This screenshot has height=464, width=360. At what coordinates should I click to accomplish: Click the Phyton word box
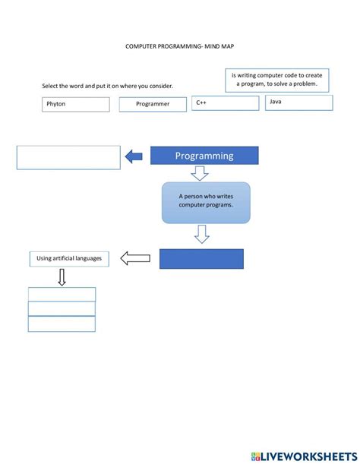[75, 104]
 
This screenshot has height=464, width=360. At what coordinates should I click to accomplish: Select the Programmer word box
[152, 104]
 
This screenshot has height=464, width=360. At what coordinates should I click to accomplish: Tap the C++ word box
[223, 103]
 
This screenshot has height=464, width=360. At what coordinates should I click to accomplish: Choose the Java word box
[298, 103]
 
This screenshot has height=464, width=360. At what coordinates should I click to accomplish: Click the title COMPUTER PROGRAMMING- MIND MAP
[180, 46]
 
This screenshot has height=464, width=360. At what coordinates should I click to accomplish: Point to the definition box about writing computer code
[276, 79]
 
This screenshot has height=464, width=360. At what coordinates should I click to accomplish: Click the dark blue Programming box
[204, 156]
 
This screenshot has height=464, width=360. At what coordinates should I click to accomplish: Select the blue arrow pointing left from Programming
[134, 156]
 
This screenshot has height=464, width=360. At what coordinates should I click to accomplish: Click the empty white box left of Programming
[68, 157]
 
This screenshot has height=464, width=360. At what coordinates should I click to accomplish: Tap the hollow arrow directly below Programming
[200, 174]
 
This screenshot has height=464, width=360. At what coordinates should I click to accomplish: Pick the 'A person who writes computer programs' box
[205, 202]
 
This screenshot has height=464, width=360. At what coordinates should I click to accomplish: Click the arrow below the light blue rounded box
[201, 234]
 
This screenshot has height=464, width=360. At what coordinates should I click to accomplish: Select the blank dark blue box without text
[201, 259]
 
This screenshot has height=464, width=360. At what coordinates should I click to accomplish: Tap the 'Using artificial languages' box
[68, 259]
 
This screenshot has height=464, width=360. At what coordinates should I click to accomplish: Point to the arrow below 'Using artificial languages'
[62, 277]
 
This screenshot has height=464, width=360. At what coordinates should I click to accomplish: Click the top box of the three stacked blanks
[62, 294]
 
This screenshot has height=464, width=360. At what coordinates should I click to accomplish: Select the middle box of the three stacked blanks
[62, 308]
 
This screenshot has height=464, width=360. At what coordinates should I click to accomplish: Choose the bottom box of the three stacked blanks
[62, 324]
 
